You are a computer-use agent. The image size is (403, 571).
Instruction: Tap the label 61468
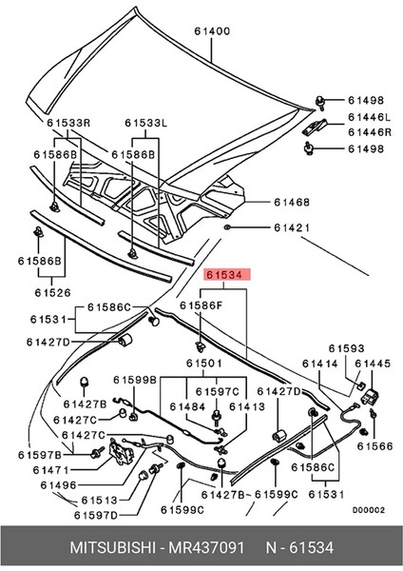click(291, 202)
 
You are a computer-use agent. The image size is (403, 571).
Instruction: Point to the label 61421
click(293, 228)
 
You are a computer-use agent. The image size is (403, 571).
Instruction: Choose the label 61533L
click(145, 123)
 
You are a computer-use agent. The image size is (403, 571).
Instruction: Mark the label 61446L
click(367, 117)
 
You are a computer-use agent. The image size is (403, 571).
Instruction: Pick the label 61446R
click(367, 133)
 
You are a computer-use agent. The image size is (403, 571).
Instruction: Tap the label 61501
click(203, 364)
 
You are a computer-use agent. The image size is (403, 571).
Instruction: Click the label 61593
click(347, 349)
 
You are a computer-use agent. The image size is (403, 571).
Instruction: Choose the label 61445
click(373, 364)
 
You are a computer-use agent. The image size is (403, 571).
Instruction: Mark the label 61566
click(374, 445)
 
